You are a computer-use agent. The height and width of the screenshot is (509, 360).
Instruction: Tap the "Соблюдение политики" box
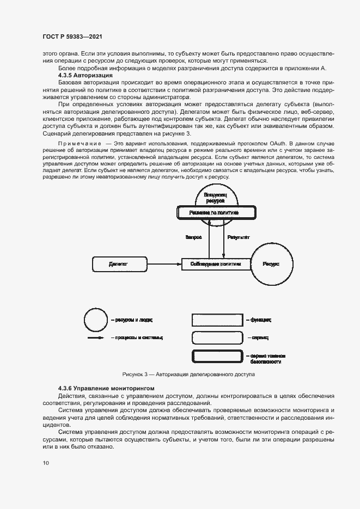215,264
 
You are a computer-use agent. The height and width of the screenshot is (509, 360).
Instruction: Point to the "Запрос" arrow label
194,237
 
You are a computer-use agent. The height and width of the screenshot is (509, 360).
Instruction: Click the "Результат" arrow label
239,237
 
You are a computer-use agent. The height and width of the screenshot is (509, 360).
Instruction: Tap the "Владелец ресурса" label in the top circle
215,197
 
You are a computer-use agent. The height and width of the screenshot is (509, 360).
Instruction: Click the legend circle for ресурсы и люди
96,320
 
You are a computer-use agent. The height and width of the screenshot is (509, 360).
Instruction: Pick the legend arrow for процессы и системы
96,338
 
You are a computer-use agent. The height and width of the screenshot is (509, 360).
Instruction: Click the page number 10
46,463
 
